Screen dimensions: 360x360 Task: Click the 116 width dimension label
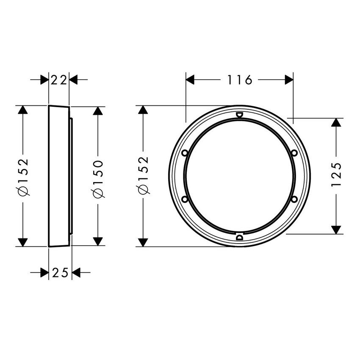click(239, 80)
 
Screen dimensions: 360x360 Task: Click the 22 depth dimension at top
click(59, 79)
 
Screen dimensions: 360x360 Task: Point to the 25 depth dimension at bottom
click(60, 273)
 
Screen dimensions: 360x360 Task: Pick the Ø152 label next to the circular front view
click(143, 175)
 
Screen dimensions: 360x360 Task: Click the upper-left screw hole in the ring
click(185, 153)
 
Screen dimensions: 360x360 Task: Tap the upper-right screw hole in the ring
click(294, 153)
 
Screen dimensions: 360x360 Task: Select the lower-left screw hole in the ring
click(185, 199)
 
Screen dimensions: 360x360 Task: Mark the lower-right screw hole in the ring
click(294, 199)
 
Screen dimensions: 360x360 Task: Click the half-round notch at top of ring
click(239, 114)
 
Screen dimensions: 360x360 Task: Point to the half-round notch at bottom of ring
click(239, 237)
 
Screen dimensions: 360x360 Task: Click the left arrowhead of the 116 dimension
click(190, 80)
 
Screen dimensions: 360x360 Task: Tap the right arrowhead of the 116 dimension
click(289, 80)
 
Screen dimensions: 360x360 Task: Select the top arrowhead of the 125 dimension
click(336, 122)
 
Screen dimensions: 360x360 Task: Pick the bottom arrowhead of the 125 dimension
click(336, 229)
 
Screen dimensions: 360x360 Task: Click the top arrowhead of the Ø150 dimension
click(98, 111)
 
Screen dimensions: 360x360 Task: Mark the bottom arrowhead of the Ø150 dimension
click(98, 241)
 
